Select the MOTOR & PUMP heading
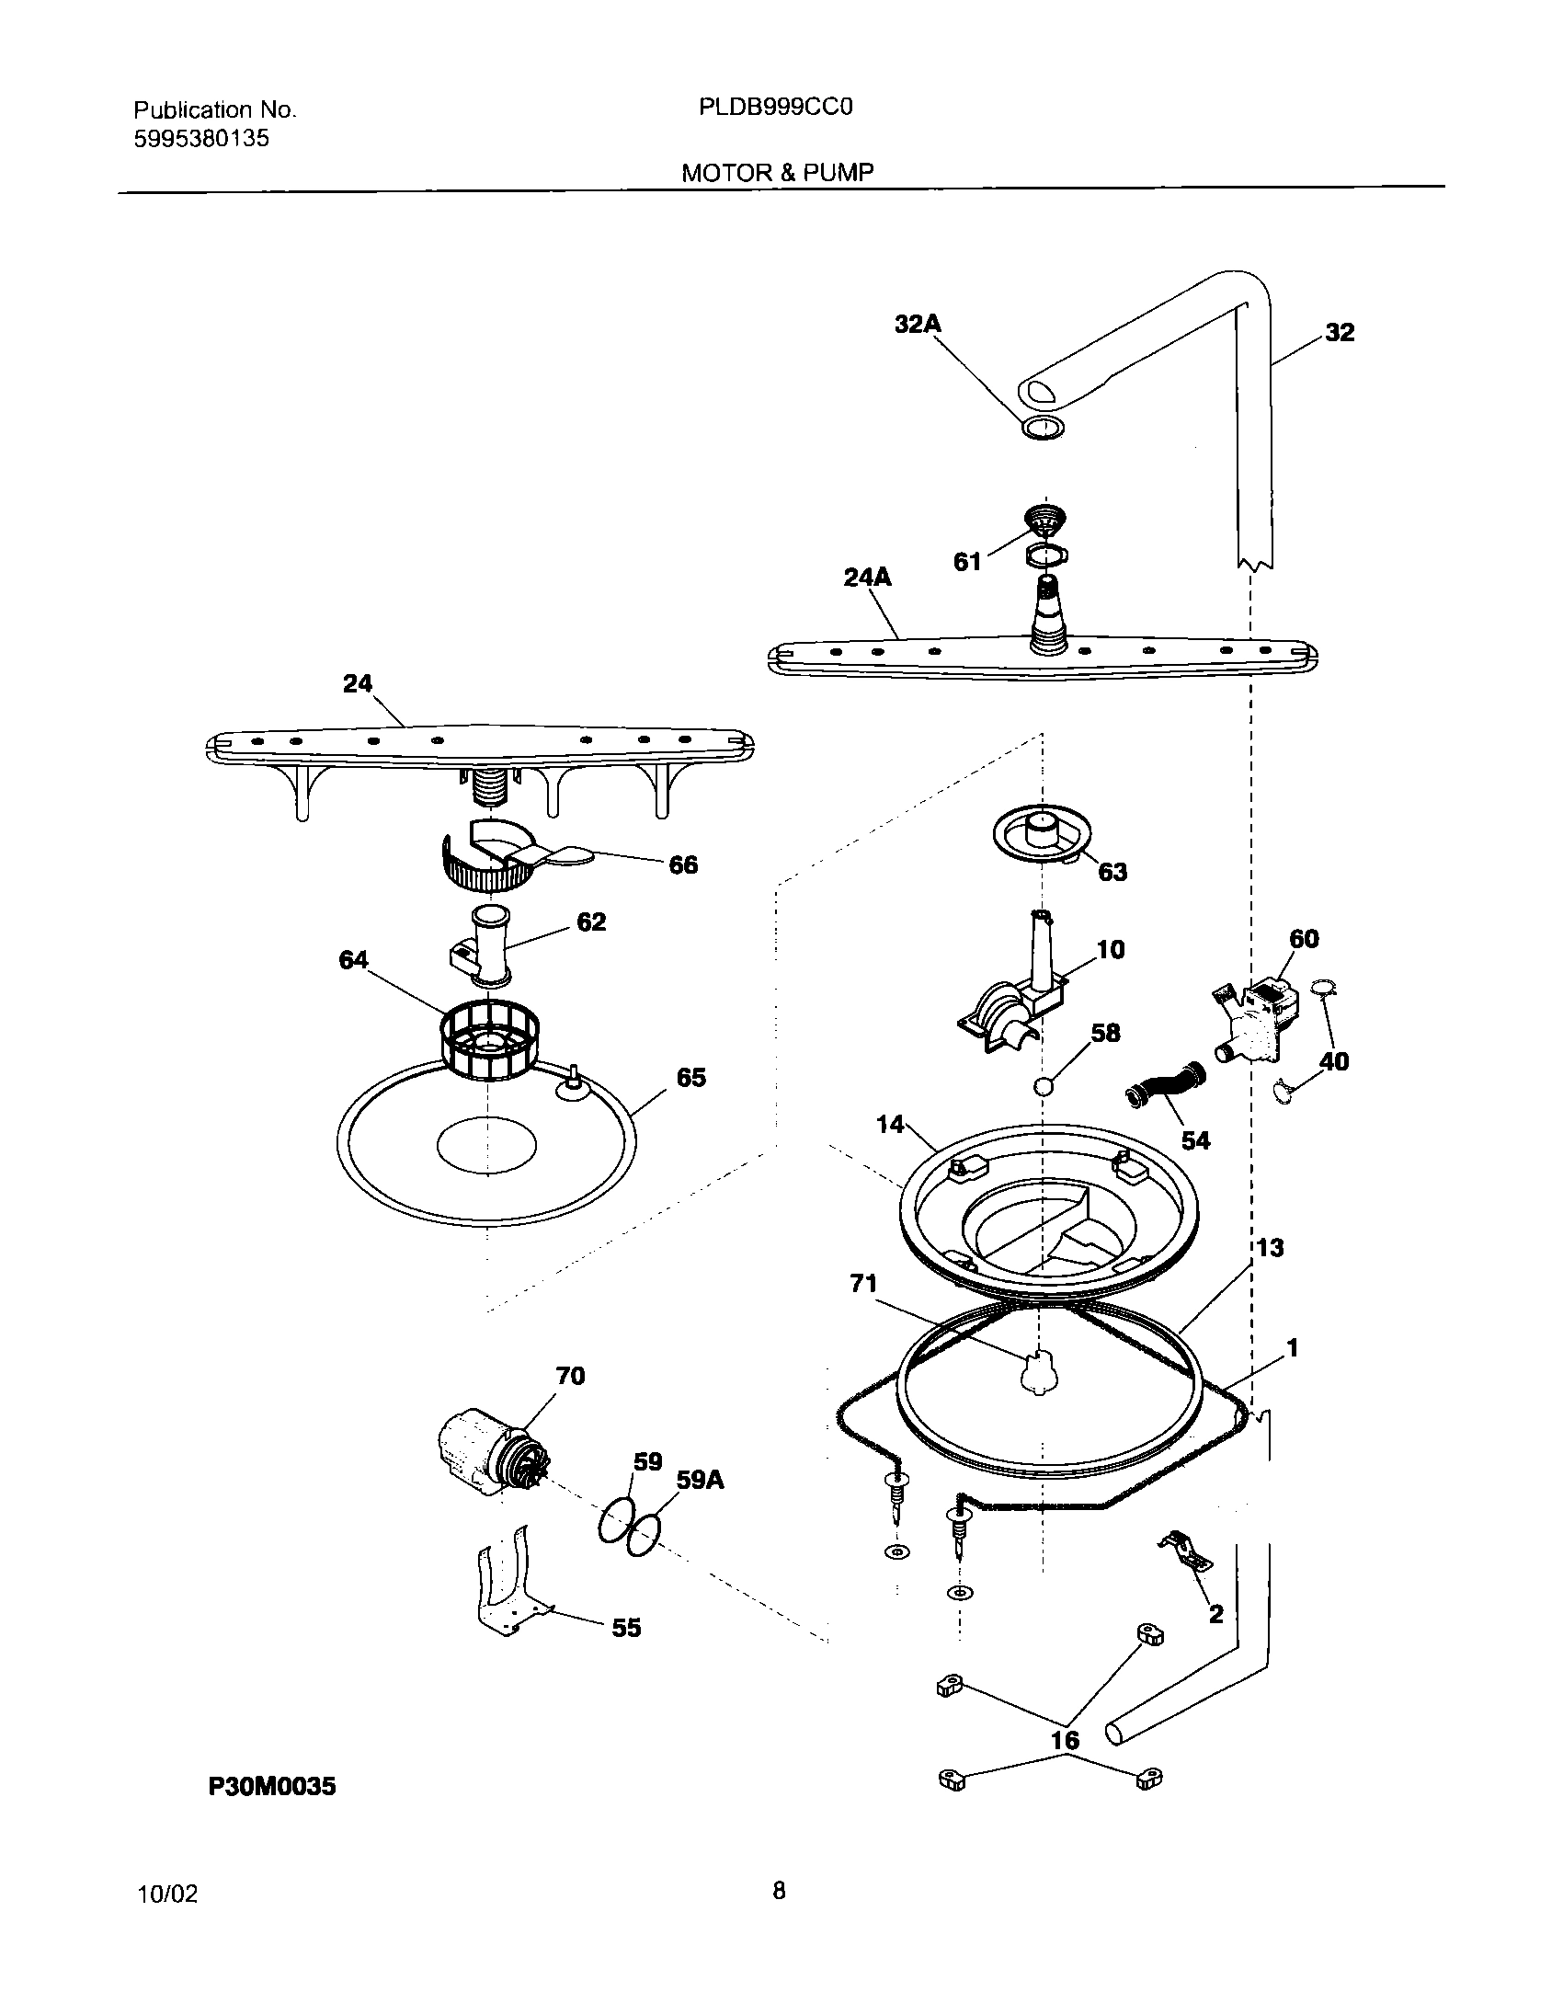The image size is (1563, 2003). pyautogui.click(x=777, y=172)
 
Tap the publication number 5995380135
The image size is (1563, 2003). pyautogui.click(x=201, y=139)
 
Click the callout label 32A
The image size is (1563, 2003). pyautogui.click(x=918, y=324)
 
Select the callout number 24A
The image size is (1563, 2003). pyautogui.click(x=867, y=577)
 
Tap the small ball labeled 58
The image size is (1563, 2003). pyautogui.click(x=1043, y=1085)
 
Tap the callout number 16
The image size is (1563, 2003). pyautogui.click(x=1065, y=1740)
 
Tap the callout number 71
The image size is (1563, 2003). pyautogui.click(x=863, y=1283)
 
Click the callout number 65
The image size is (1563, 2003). pyautogui.click(x=690, y=1077)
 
